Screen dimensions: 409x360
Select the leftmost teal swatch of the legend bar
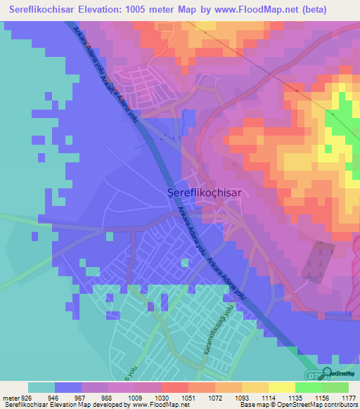click(41, 387)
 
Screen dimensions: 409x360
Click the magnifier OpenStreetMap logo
click(326, 375)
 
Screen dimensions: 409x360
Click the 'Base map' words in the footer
click(250, 405)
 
